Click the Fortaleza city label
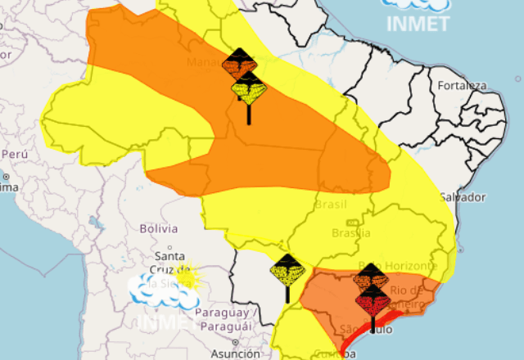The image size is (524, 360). (462, 85)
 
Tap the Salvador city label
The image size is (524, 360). (463, 197)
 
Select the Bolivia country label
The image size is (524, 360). (159, 228)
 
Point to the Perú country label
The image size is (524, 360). (15, 153)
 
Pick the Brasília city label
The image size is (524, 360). (351, 233)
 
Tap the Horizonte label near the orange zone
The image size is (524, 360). (414, 266)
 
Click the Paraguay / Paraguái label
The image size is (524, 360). (220, 320)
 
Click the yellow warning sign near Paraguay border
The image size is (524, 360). (287, 270)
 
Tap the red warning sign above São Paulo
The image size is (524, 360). (373, 301)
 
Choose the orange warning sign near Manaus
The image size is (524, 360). (240, 64)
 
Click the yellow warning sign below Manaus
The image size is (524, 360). (249, 88)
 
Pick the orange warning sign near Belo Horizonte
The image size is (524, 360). (369, 277)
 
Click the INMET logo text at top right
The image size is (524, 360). (418, 22)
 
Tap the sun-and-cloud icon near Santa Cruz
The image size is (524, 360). (168, 289)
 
